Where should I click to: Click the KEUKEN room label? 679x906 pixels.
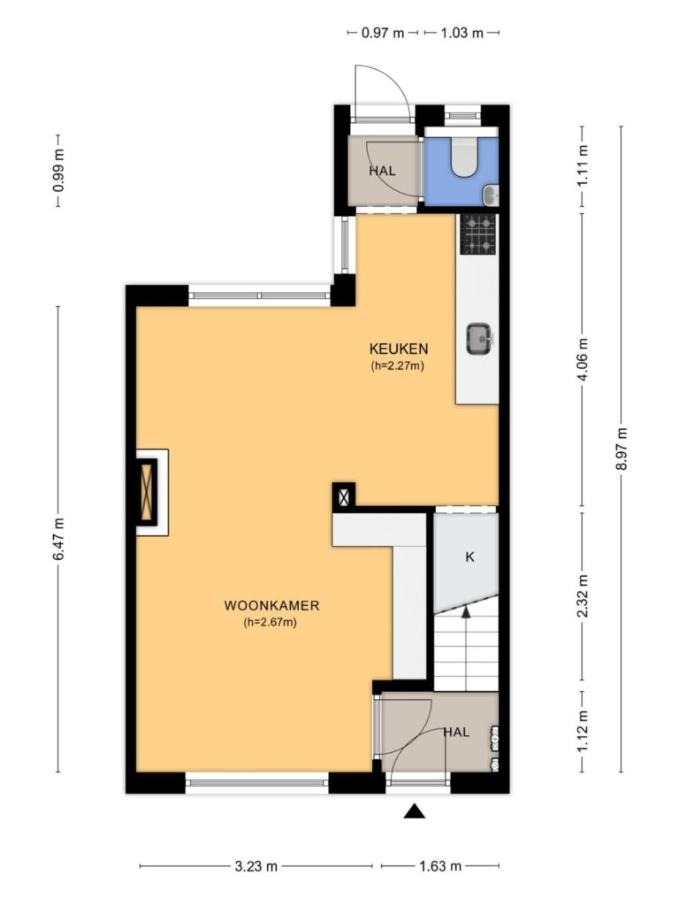pos(399,349)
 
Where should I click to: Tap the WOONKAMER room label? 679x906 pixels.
pos(271,605)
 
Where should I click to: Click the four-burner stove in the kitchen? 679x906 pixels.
pos(478,234)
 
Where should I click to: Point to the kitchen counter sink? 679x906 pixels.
pos(480,339)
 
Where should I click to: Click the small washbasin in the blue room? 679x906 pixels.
pos(490,195)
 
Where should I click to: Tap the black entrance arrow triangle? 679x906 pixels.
pos(414,811)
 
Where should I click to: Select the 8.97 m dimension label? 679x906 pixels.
pos(622,449)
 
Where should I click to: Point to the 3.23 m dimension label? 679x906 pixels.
pos(256,865)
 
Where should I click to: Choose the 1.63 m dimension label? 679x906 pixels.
pos(440,865)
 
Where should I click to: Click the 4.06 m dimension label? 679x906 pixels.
pos(583,359)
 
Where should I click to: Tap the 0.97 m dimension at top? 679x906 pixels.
pos(383,33)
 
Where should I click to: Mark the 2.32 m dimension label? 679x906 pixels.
pos(583,595)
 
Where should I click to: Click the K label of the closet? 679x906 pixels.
pos(469,557)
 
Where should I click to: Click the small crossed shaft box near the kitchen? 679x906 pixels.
pos(344,497)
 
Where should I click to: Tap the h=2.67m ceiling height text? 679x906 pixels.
pos(271,622)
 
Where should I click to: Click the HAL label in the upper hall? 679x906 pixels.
pos(382,171)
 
